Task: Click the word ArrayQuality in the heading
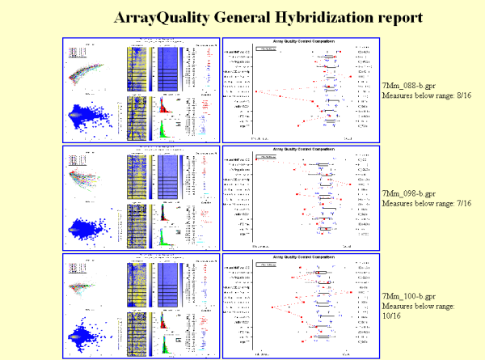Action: (157, 16)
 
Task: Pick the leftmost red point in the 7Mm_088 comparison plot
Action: (257, 91)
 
